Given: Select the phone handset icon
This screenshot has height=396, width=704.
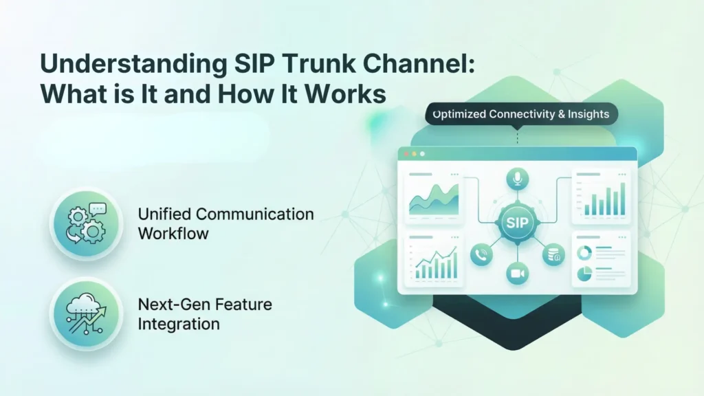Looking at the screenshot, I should (481, 255).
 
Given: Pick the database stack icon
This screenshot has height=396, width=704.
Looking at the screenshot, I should (553, 255).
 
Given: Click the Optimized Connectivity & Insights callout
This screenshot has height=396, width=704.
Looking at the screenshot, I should (520, 113).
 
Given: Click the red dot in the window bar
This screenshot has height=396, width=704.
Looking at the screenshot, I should (406, 154).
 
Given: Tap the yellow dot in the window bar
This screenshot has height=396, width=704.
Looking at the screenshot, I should (415, 154).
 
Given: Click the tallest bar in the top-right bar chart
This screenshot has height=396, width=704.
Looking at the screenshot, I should (623, 199).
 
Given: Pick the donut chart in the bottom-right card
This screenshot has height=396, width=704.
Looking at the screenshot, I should (584, 253).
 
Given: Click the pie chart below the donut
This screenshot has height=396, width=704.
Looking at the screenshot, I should (584, 274).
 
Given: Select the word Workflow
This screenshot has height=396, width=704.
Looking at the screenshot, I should (173, 233).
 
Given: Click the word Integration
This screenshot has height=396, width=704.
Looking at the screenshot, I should (179, 322).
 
